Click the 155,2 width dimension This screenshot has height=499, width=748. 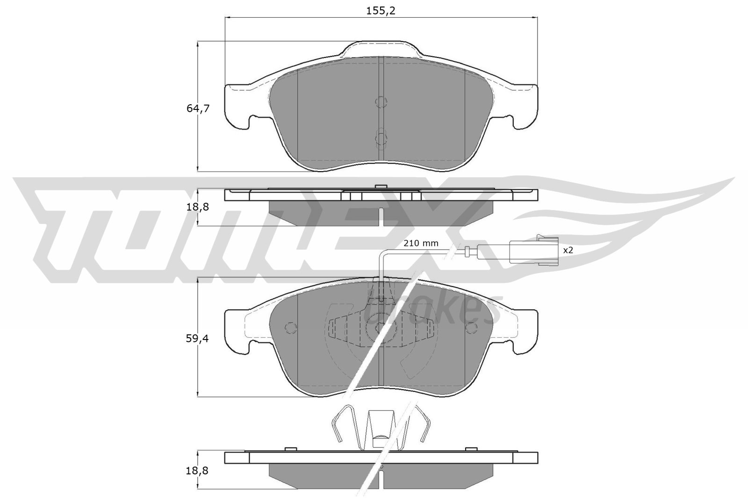coord(381,10)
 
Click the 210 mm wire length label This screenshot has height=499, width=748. coord(421,243)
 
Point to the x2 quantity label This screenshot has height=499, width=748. coord(568,250)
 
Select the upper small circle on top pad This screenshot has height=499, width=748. coord(381,102)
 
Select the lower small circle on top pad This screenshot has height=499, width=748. coord(381,138)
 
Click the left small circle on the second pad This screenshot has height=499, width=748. coord(290,327)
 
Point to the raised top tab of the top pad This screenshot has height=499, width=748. coord(381,49)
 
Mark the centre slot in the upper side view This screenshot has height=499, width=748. coord(381,216)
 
